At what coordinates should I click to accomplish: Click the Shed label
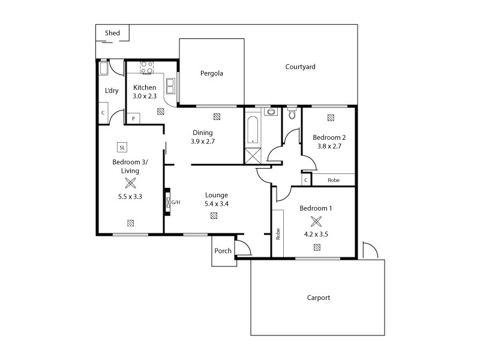pyautogui.click(x=112, y=33)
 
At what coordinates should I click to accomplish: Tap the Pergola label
pyautogui.click(x=211, y=74)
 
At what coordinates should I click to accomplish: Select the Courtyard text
pyautogui.click(x=300, y=67)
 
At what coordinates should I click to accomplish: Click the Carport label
pyautogui.click(x=319, y=298)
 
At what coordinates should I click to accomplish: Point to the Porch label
pyautogui.click(x=223, y=251)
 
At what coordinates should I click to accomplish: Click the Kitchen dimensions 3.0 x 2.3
pyautogui.click(x=145, y=96)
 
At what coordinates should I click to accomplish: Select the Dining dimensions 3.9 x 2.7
pyautogui.click(x=202, y=142)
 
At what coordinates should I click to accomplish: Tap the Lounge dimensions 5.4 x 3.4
pyautogui.click(x=217, y=203)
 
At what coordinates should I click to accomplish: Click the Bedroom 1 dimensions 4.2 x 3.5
pyautogui.click(x=316, y=235)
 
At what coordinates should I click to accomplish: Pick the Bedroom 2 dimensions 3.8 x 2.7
pyautogui.click(x=328, y=145)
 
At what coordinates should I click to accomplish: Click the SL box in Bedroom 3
pyautogui.click(x=122, y=147)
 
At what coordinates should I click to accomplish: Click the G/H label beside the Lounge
pyautogui.click(x=176, y=202)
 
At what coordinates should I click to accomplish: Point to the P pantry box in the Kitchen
pyautogui.click(x=133, y=119)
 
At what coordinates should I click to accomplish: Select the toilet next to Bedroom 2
pyautogui.click(x=292, y=114)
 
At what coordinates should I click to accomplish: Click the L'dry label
pyautogui.click(x=112, y=91)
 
